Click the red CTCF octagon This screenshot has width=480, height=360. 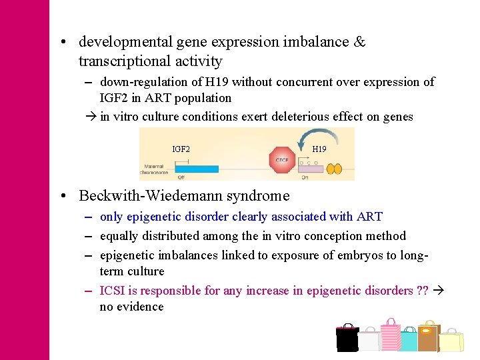pyautogui.click(x=281, y=160)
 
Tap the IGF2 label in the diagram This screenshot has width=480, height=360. pyautogui.click(x=181, y=149)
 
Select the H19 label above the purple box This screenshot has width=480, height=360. pyautogui.click(x=319, y=149)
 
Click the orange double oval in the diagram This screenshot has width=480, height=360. pyautogui.click(x=333, y=169)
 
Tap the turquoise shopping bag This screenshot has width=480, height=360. pyautogui.click(x=408, y=340)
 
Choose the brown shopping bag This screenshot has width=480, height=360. pyautogui.click(x=429, y=336)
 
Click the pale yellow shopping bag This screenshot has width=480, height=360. pyautogui.click(x=451, y=341)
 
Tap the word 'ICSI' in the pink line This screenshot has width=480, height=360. pyautogui.click(x=111, y=291)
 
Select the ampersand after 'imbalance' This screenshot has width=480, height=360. pyautogui.click(x=359, y=42)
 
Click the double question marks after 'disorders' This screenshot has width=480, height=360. pyautogui.click(x=422, y=291)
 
